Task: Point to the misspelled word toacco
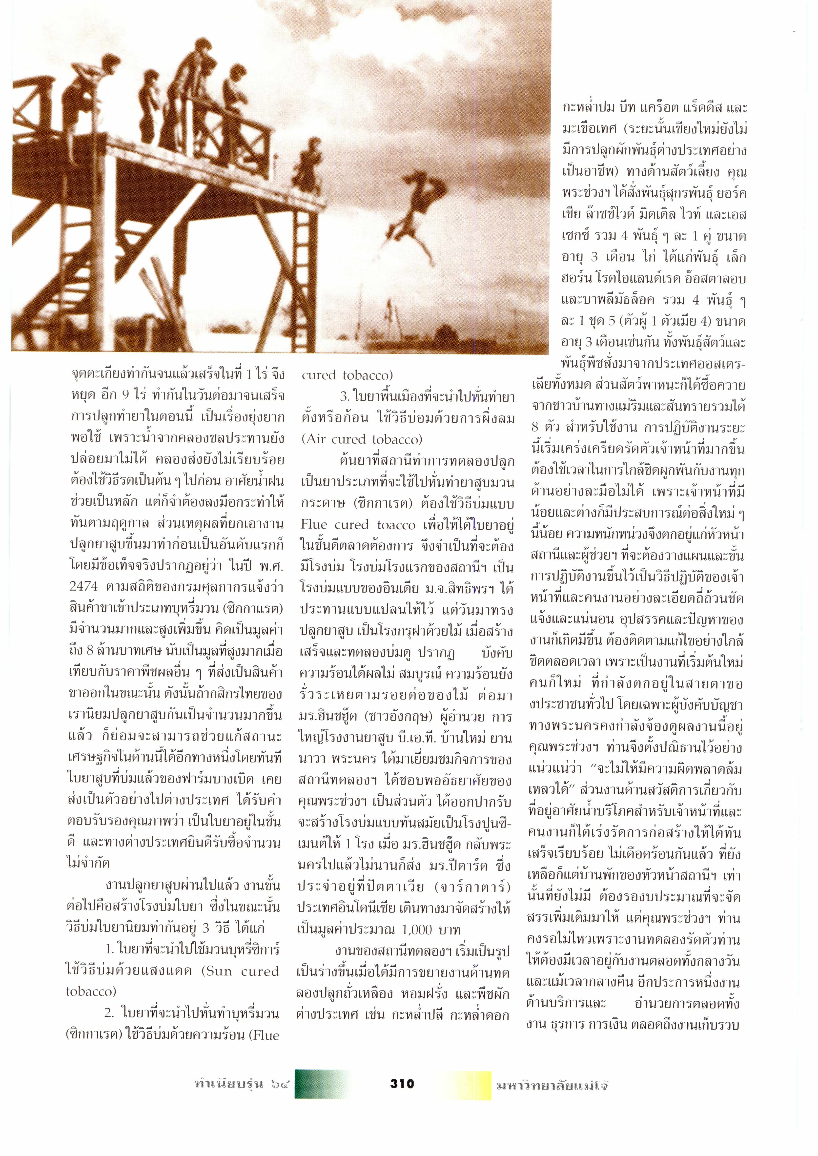click(x=396, y=525)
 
